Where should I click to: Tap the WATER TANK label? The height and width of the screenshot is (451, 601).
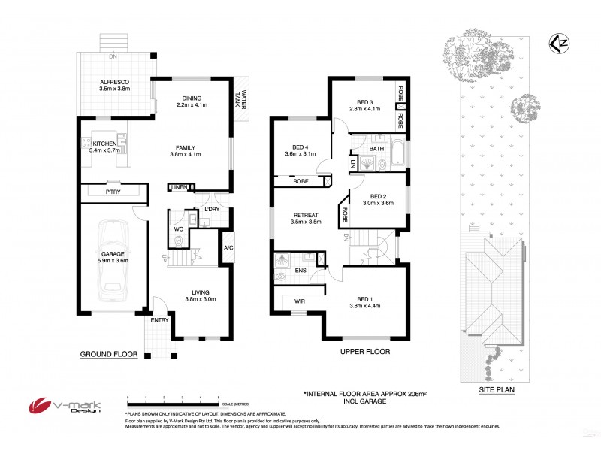click(x=242, y=97)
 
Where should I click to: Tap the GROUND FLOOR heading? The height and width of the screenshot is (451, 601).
click(x=109, y=353)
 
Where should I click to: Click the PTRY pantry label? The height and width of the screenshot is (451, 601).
click(x=113, y=192)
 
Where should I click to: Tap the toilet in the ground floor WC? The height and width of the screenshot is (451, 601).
click(x=178, y=241)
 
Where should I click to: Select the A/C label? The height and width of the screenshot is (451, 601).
click(x=228, y=247)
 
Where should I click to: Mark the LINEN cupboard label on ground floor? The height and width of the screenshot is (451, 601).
click(x=178, y=187)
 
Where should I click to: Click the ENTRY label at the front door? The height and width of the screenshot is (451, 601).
click(x=159, y=320)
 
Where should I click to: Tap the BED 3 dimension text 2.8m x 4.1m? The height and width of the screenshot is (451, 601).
click(x=366, y=109)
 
